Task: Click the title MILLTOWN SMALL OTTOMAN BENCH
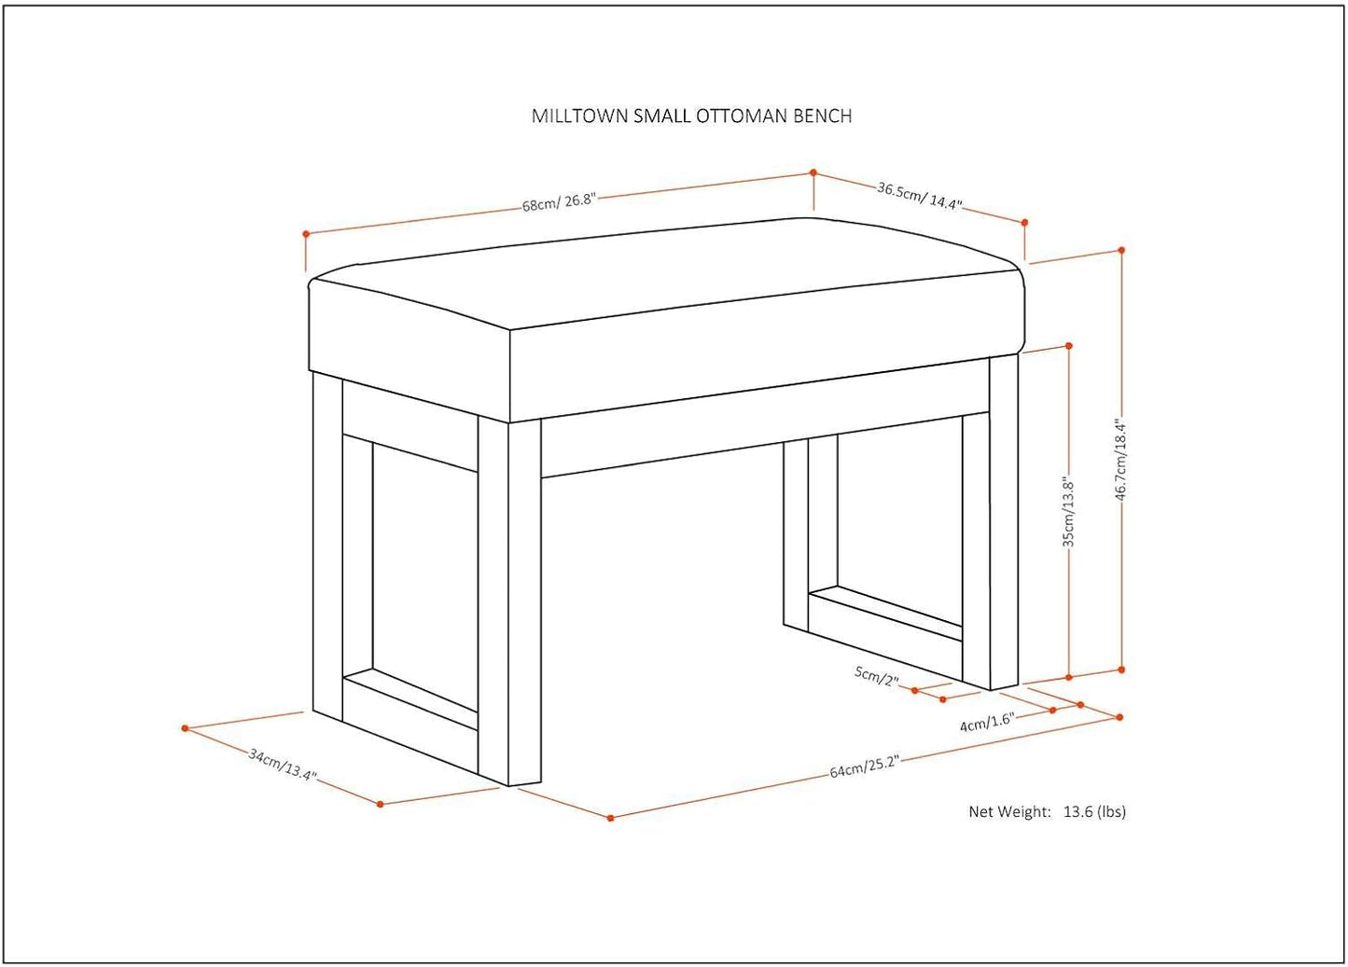pyautogui.click(x=691, y=116)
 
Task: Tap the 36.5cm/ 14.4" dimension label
pyautogui.click(x=920, y=196)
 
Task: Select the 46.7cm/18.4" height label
pyautogui.click(x=1120, y=460)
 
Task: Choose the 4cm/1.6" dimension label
pyautogui.click(x=987, y=723)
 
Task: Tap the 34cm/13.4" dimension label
pyautogui.click(x=283, y=765)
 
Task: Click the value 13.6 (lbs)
pyautogui.click(x=1094, y=811)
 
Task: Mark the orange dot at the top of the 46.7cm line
pyautogui.click(x=1121, y=250)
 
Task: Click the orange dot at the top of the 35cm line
pyautogui.click(x=1069, y=346)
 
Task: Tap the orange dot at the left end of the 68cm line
pyautogui.click(x=306, y=233)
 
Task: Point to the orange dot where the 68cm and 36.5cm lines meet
pyautogui.click(x=813, y=173)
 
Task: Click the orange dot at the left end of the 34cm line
pyautogui.click(x=185, y=728)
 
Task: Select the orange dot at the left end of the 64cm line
pyautogui.click(x=610, y=818)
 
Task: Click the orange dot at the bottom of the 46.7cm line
pyautogui.click(x=1121, y=670)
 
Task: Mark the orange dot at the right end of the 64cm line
pyautogui.click(x=1119, y=717)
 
